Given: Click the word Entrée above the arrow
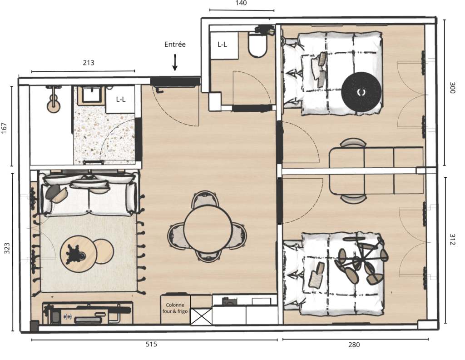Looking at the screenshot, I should click(175, 45).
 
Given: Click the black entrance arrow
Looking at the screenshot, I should click(175, 62).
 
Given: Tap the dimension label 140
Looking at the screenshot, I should click(241, 3).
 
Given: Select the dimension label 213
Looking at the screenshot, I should click(89, 63).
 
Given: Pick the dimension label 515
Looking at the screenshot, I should click(151, 345).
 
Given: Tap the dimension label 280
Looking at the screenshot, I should click(354, 345).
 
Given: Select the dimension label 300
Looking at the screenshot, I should click(452, 88).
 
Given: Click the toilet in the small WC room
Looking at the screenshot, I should click(257, 45).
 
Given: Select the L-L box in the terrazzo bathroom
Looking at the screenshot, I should click(121, 100).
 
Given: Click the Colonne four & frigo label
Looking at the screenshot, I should click(175, 308).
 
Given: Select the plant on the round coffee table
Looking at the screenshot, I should click(75, 253).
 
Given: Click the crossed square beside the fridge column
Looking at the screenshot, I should click(201, 316).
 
